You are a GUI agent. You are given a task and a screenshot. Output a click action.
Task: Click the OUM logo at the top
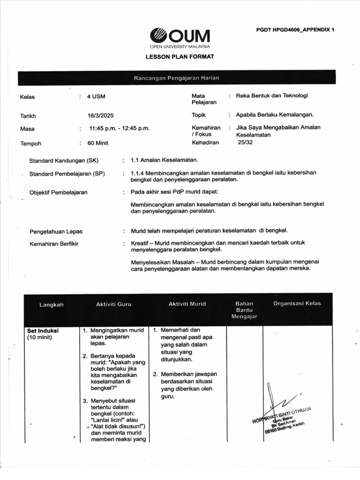[x=180, y=37]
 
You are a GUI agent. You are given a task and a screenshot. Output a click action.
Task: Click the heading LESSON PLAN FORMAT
[x=180, y=57]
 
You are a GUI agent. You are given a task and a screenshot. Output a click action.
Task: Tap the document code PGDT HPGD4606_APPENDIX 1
[x=295, y=30]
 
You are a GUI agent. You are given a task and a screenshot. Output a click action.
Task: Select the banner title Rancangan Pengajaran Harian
[x=177, y=78]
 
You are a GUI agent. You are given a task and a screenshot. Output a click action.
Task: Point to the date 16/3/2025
[x=101, y=116]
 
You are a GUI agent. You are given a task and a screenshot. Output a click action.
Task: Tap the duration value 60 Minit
[x=98, y=143]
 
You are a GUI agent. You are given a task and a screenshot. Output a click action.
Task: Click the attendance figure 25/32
[x=245, y=142]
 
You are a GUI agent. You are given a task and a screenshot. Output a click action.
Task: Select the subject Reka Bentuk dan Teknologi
[x=272, y=96]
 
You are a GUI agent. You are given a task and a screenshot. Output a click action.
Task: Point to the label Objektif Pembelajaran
[x=58, y=192]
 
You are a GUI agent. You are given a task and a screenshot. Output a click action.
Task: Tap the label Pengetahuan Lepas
[x=56, y=232]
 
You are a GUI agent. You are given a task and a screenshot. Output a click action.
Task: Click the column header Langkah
[x=51, y=305]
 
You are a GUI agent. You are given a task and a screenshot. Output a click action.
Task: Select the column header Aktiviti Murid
[x=187, y=304]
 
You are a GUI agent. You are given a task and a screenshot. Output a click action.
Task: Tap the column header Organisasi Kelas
[x=297, y=303]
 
